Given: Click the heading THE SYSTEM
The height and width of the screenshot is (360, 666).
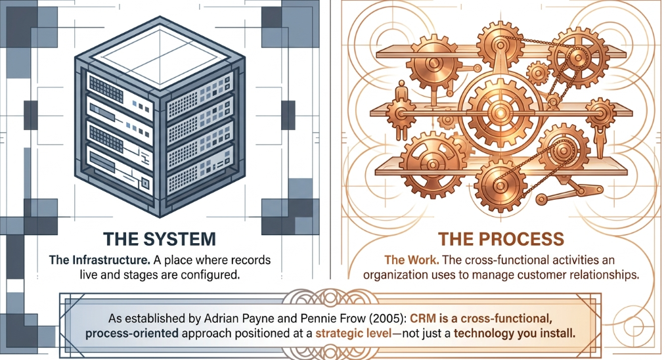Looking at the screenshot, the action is pyautogui.click(x=160, y=239).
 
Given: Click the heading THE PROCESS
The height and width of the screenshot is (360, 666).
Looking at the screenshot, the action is pyautogui.click(x=500, y=239).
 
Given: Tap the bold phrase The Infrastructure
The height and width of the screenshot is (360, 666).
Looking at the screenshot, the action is pyautogui.click(x=99, y=259).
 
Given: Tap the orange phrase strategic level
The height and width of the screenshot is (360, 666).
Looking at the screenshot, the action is pyautogui.click(x=353, y=333).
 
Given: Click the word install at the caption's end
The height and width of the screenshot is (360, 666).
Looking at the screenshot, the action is pyautogui.click(x=557, y=333).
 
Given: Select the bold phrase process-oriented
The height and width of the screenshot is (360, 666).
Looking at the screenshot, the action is pyautogui.click(x=131, y=333).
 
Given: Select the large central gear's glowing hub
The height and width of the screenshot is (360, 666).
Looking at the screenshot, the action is pyautogui.click(x=500, y=112).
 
